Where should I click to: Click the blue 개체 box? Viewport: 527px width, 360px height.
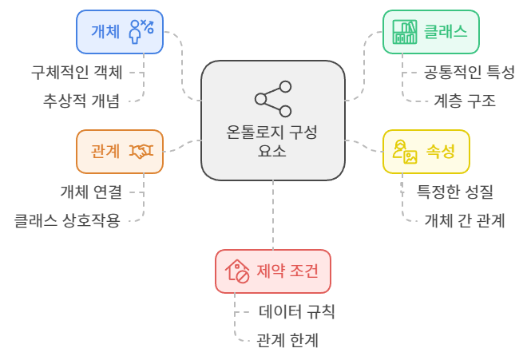(x=120, y=32)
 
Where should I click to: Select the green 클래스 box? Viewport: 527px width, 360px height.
(x=431, y=32)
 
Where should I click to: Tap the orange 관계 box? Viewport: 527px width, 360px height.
(x=120, y=151)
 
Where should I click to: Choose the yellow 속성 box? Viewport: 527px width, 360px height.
(x=426, y=151)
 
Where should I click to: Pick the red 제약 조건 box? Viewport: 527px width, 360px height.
(x=273, y=271)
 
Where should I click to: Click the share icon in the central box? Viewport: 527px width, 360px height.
(x=273, y=98)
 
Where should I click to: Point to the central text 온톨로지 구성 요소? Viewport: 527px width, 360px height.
(x=273, y=142)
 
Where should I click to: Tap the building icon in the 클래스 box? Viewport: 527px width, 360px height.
(x=405, y=33)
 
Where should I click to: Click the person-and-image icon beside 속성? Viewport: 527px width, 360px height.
(x=405, y=151)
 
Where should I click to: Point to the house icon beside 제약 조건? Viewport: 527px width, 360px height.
(x=237, y=271)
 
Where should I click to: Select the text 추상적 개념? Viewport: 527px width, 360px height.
(x=82, y=101)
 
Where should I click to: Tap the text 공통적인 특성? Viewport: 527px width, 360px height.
(x=469, y=72)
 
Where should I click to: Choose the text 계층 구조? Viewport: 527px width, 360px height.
(x=465, y=101)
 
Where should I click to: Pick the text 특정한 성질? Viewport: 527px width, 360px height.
(x=455, y=192)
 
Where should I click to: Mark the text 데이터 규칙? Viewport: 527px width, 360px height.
(x=295, y=311)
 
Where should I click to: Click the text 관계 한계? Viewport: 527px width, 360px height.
(x=287, y=340)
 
